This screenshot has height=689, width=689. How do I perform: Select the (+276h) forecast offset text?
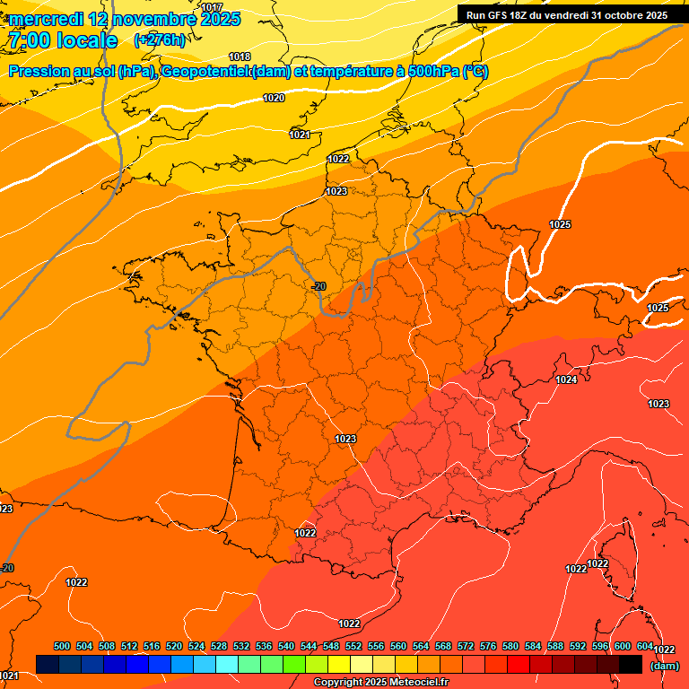(159, 40)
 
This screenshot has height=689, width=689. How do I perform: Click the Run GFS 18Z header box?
(567, 15)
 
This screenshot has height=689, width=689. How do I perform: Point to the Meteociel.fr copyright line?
(380, 683)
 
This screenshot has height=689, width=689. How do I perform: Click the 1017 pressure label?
(212, 7)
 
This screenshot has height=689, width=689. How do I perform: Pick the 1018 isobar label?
(240, 57)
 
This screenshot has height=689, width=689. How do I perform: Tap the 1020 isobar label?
(275, 98)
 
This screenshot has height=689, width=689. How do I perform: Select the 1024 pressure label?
(566, 380)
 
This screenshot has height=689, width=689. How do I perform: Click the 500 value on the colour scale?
(62, 646)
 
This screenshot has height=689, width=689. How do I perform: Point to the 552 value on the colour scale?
(353, 646)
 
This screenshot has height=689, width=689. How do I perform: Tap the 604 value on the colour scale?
(644, 646)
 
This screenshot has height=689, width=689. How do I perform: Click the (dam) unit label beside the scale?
(663, 666)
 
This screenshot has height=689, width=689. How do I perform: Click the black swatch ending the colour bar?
(631, 664)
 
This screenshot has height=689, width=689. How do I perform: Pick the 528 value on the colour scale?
(219, 646)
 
